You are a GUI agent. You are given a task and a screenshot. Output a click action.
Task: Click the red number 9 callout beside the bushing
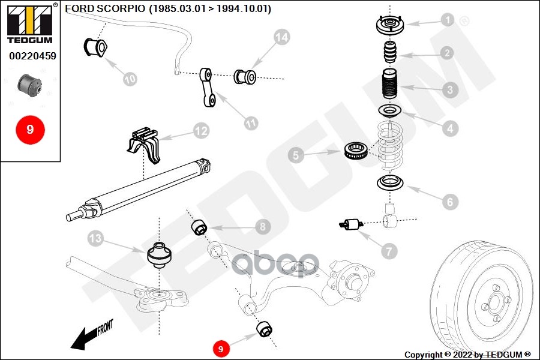221,348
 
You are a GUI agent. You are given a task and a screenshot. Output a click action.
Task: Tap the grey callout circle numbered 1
447,20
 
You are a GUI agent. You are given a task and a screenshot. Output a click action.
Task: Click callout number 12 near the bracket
200,130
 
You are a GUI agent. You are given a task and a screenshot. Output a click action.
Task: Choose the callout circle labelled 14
281,37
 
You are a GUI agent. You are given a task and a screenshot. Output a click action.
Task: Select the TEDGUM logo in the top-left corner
29,24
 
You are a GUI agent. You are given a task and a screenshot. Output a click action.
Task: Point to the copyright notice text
467,355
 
